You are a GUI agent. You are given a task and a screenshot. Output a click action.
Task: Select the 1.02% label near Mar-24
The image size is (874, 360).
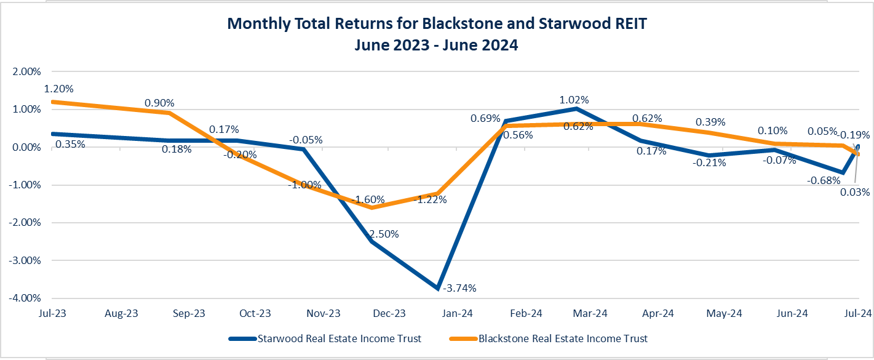(x=574, y=100)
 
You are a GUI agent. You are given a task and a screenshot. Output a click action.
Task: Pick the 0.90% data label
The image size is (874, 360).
(x=159, y=102)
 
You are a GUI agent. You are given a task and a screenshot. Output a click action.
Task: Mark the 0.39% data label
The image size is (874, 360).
(x=710, y=122)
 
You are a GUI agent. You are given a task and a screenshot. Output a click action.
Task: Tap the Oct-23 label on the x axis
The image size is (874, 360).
(x=255, y=313)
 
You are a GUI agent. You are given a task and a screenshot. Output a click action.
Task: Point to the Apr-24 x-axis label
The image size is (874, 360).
(x=658, y=313)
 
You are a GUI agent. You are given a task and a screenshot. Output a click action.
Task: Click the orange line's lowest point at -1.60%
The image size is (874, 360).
(x=371, y=207)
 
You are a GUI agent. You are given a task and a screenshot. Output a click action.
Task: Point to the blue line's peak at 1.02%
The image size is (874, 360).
(x=576, y=109)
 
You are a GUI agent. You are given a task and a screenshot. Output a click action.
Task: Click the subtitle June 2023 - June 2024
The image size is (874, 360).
(x=436, y=45)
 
